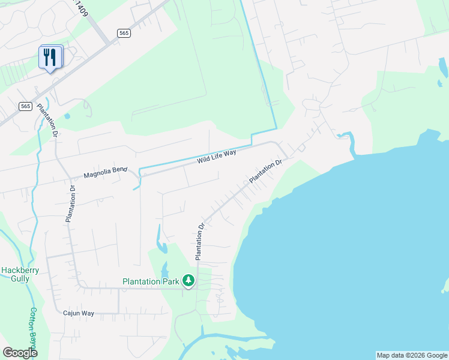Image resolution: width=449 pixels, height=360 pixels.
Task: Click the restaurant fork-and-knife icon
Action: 50,58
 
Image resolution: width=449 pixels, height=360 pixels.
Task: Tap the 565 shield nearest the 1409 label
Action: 124,34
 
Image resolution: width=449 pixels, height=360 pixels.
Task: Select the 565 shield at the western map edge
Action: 25,106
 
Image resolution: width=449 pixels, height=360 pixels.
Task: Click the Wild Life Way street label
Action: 217,157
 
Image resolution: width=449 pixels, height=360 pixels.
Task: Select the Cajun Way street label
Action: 79,313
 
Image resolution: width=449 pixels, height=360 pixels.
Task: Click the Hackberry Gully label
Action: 20,274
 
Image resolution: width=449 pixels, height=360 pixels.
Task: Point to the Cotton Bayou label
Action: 34,327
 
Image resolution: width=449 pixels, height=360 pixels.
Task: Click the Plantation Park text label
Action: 151,281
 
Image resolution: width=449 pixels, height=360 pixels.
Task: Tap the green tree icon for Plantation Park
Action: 188,280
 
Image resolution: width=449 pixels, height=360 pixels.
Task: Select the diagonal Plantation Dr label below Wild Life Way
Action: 265,171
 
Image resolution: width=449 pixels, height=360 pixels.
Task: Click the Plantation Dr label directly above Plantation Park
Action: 199,241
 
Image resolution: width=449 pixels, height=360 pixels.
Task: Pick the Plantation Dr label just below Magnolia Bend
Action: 71,204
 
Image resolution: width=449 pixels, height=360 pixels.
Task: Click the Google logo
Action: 20,353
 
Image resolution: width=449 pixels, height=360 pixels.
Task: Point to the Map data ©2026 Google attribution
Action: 412,355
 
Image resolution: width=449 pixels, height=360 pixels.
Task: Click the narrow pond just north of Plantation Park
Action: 161,241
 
